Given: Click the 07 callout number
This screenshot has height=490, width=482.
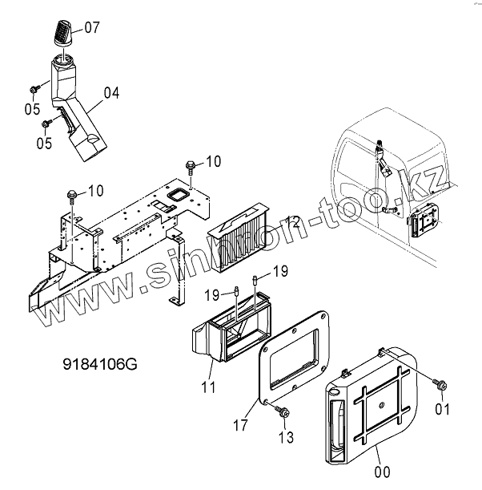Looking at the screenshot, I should click(x=92, y=27).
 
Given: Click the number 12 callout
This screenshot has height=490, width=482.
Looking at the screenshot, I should click(x=294, y=221).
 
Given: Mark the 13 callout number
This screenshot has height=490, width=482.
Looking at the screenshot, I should click(x=286, y=437).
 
